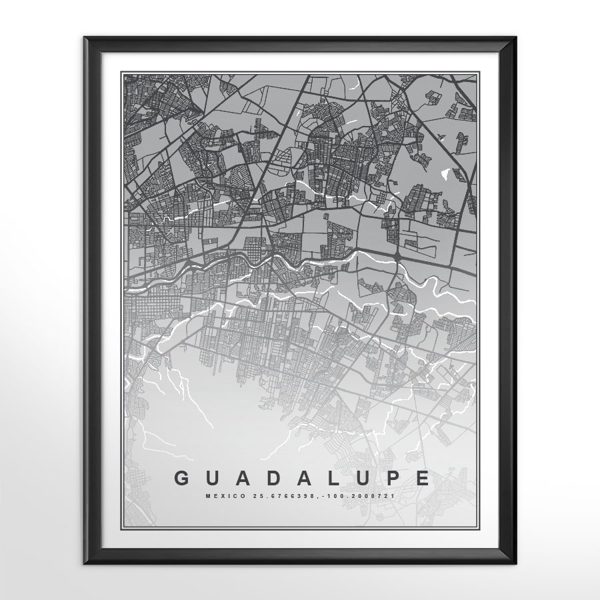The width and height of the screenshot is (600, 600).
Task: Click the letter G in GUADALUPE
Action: pyautogui.click(x=181, y=478)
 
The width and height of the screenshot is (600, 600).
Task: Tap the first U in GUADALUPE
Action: pyautogui.click(x=214, y=478)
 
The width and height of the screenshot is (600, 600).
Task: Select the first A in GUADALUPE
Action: pyautogui.click(x=245, y=478)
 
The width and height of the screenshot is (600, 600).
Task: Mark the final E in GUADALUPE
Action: pyautogui.click(x=423, y=478)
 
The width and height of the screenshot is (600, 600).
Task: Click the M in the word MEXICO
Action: pyautogui.click(x=208, y=496)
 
